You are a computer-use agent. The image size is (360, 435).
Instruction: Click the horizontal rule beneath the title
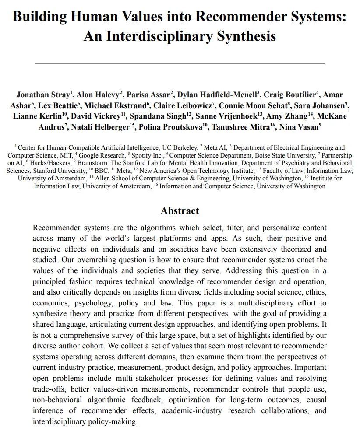click(x=180, y=63)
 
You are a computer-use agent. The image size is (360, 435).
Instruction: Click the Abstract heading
click(x=180, y=210)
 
